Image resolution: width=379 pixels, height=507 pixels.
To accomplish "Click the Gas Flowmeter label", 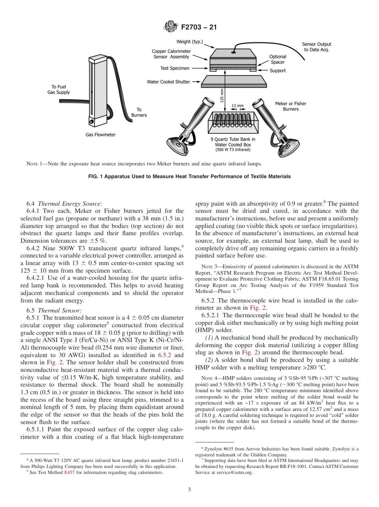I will click(101, 135).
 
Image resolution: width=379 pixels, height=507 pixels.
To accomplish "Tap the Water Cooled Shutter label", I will click(168, 82).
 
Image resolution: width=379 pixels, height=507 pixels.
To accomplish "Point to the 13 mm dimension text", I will click(237, 106).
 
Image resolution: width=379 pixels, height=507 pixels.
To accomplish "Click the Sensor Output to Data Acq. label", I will click(316, 47).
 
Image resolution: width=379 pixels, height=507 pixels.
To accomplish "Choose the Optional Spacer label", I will click(278, 59).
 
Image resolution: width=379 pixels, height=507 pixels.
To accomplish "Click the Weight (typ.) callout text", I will click(189, 41).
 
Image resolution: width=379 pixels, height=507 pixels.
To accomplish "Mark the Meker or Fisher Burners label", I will click(290, 106).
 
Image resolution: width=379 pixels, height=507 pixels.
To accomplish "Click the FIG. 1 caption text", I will click(189, 177).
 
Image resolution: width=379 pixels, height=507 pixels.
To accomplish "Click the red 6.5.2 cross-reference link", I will click(165, 355).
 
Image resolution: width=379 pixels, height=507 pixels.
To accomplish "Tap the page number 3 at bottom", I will click(189, 490).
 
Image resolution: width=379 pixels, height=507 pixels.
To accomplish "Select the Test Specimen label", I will click(175, 69).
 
